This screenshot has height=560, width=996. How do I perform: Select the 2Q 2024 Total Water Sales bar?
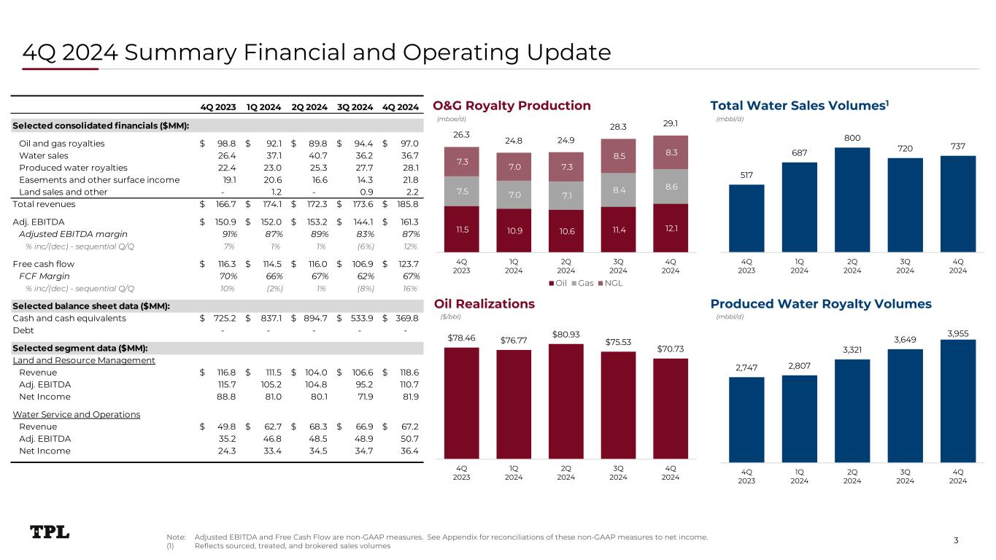click(x=852, y=199)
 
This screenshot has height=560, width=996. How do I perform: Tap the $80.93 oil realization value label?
click(x=565, y=335)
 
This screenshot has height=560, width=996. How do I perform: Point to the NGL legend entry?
click(x=609, y=283)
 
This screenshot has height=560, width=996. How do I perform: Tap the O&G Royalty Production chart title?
click(x=511, y=106)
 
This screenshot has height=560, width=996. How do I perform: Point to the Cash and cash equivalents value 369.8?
click(x=406, y=318)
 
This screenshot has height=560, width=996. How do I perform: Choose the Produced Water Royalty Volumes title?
click(x=821, y=303)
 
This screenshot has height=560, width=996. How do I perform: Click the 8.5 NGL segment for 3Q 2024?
click(x=618, y=155)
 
